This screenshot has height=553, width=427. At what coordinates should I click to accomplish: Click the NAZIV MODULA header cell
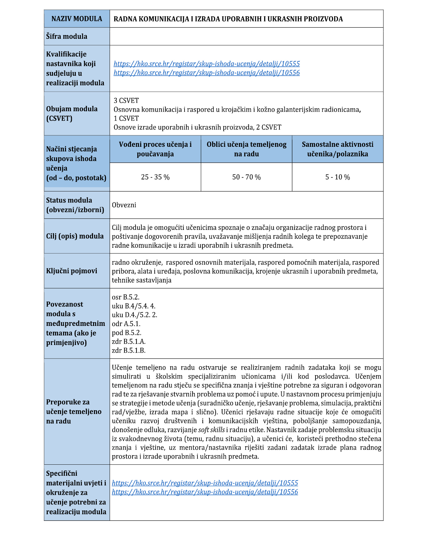[77, 19]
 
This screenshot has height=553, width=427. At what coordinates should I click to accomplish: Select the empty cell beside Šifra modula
[246, 36]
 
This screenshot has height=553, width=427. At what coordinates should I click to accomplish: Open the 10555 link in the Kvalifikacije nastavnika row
[206, 64]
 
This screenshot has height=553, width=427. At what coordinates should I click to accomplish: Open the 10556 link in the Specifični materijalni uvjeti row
[205, 492]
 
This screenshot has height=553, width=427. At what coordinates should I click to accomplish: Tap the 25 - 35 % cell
[155, 177]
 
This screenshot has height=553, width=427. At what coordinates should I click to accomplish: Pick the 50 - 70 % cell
[246, 177]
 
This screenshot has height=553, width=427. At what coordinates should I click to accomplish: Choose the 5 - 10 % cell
[338, 177]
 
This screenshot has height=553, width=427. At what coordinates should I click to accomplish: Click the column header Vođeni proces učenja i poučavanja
[155, 149]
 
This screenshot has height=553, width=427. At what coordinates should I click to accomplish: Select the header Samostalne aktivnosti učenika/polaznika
[338, 149]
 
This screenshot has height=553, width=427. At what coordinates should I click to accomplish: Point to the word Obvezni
[124, 205]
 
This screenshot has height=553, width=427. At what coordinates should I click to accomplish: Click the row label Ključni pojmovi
[71, 271]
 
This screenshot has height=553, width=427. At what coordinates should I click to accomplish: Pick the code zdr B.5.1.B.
[128, 350]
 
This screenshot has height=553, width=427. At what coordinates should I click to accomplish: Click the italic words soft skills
[211, 430]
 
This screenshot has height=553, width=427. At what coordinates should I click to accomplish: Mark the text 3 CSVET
[126, 101]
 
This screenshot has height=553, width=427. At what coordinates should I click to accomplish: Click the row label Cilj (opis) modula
[75, 236]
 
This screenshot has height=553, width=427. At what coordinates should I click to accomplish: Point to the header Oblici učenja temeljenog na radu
[246, 149]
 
